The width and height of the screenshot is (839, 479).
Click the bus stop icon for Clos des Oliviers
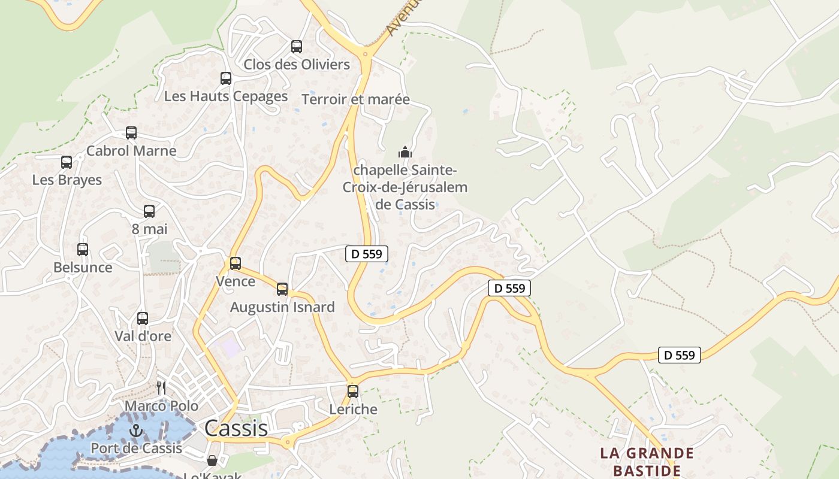click(297, 47)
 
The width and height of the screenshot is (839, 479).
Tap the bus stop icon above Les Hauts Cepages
click(226, 78)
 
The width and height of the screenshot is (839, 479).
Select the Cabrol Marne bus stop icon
click(131, 133)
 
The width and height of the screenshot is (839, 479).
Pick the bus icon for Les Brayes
click(67, 162)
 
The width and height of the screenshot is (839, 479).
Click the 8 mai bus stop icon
click(149, 211)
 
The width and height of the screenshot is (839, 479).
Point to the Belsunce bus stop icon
click(83, 250)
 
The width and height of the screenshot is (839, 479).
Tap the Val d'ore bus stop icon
click(143, 319)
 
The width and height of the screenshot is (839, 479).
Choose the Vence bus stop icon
click(236, 263)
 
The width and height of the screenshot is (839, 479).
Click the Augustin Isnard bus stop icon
click(282, 289)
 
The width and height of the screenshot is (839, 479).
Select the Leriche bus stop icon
click(353, 392)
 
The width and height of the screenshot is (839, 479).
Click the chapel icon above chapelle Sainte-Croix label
click(405, 152)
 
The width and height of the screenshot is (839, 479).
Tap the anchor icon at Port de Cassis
click(137, 431)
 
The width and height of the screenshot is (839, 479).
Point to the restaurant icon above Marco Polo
click(161, 388)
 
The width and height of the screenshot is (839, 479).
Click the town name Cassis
click(236, 428)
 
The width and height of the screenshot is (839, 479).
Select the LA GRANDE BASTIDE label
click(647, 462)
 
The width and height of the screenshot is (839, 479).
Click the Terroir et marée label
click(356, 99)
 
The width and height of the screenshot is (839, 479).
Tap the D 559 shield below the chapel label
click(367, 254)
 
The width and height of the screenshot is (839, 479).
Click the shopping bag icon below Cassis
click(212, 460)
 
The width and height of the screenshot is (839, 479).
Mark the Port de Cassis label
click(137, 448)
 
